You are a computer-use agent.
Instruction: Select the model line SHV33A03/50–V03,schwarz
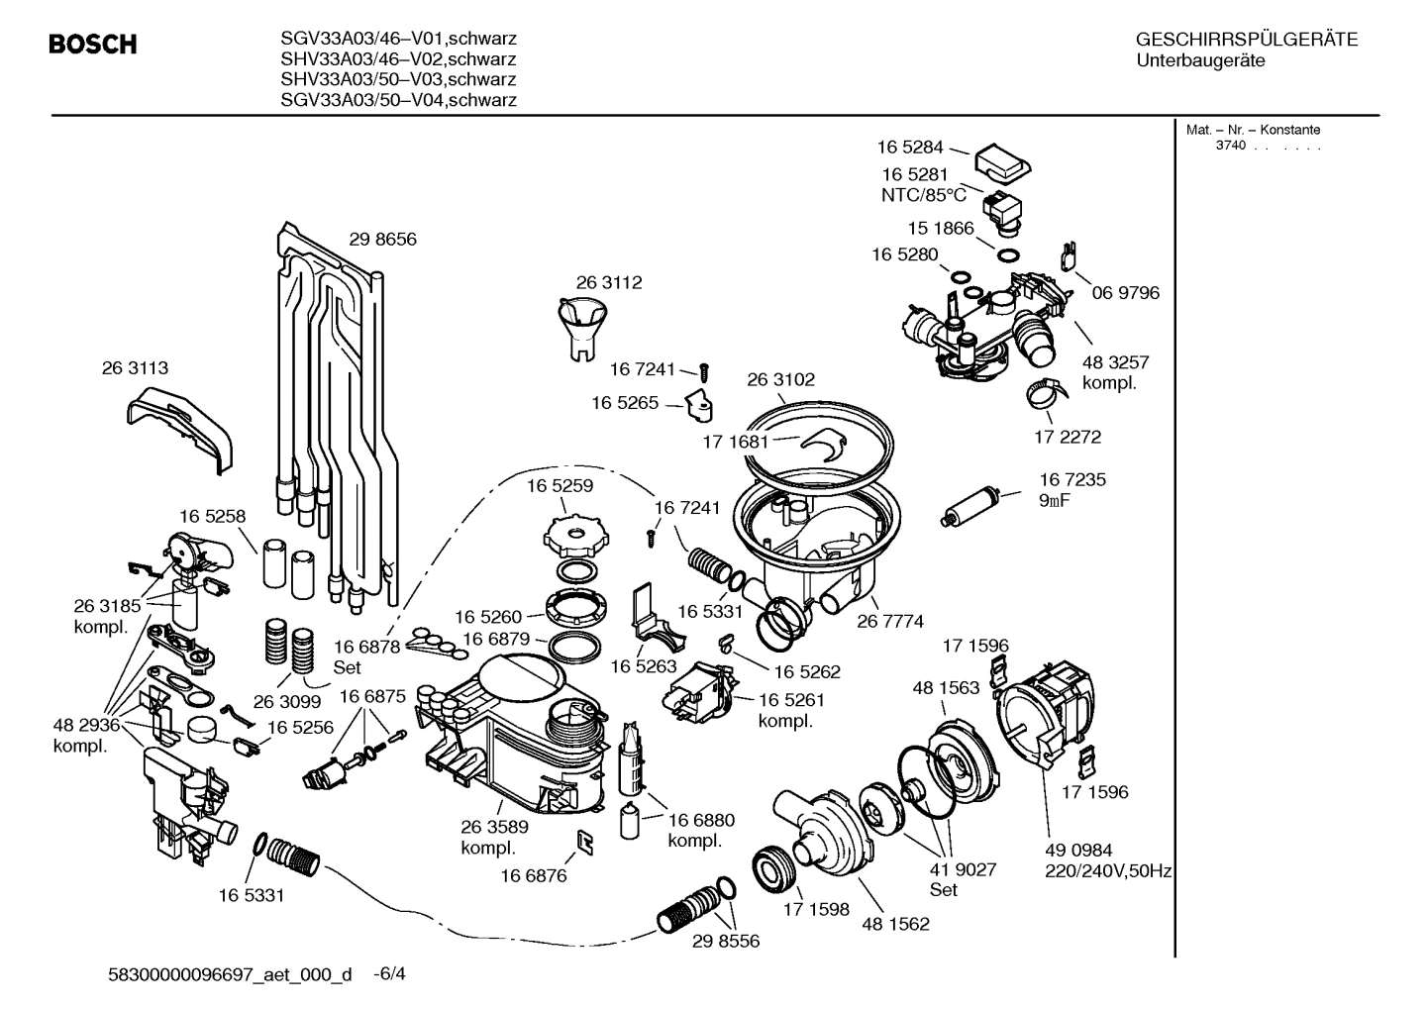pos(398,79)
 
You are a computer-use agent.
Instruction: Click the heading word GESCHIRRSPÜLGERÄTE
pos(1246,40)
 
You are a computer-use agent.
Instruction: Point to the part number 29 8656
pos(382,239)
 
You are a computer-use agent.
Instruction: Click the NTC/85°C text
pos(923,195)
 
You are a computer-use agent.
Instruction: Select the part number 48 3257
pos(1115,362)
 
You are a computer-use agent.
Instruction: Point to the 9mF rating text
pos(1054,500)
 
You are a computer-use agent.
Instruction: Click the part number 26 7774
pos(889,621)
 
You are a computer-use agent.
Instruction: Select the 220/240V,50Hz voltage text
pos(1108,871)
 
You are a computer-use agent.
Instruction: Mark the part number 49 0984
pos(1078,851)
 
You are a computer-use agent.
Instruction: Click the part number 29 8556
pos(726,941)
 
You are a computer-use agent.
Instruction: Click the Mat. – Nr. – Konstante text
pos(1253,130)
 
